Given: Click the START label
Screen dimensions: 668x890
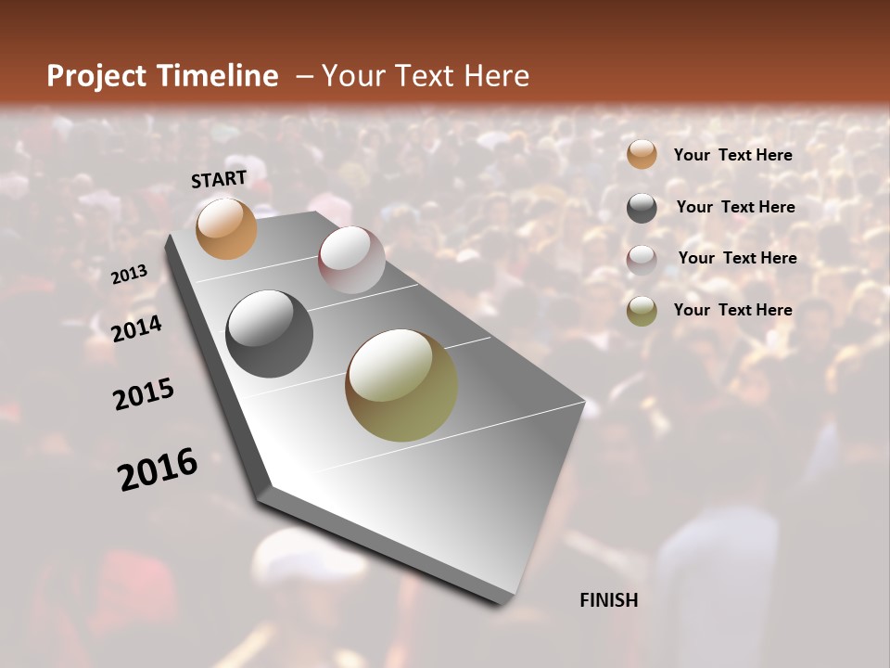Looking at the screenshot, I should pyautogui.click(x=219, y=179).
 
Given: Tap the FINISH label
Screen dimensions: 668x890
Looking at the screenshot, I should pyautogui.click(x=608, y=600).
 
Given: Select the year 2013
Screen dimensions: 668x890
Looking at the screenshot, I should pyautogui.click(x=129, y=275).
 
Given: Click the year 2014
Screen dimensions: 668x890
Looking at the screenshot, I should pyautogui.click(x=137, y=328).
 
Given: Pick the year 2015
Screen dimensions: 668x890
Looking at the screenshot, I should pyautogui.click(x=144, y=394).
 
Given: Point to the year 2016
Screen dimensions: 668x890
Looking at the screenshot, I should pyautogui.click(x=158, y=469).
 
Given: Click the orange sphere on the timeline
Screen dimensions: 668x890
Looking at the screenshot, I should pyautogui.click(x=226, y=228).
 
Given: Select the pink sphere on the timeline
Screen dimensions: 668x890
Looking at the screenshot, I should pyautogui.click(x=351, y=260).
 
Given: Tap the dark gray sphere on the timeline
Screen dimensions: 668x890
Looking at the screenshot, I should pyautogui.click(x=270, y=334).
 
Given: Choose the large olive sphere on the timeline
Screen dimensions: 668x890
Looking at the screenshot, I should pyautogui.click(x=401, y=385).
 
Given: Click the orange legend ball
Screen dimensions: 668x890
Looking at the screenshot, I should pyautogui.click(x=642, y=155).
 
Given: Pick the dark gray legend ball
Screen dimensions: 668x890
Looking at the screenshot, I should pyautogui.click(x=642, y=208).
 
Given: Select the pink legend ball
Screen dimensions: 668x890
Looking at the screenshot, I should pyautogui.click(x=642, y=260).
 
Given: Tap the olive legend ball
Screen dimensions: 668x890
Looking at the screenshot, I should pyautogui.click(x=642, y=311).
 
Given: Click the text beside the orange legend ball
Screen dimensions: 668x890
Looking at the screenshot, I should pyautogui.click(x=732, y=155).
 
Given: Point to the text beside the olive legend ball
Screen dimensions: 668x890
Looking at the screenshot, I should pyautogui.click(x=732, y=310).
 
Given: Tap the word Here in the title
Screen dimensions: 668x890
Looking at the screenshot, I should pyautogui.click(x=495, y=76).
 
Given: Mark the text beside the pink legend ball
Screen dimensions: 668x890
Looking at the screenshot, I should pyautogui.click(x=737, y=258).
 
